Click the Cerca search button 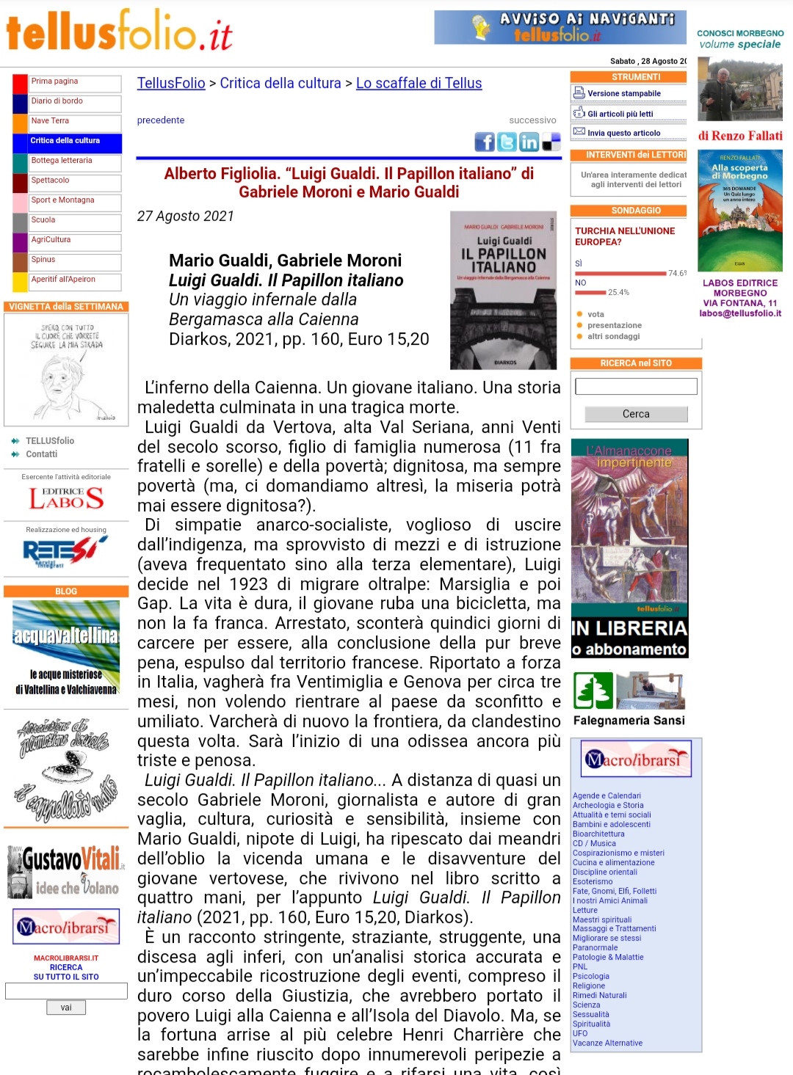(636, 414)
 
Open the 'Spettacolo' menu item (51, 181)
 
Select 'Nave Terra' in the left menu (50, 121)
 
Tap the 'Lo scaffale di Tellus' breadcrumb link (419, 84)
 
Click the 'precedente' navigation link (161, 120)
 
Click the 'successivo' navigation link (532, 120)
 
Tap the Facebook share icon (485, 142)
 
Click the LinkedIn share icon (529, 142)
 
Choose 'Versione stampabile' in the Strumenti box (623, 93)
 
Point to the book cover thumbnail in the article (504, 290)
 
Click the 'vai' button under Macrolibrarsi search (66, 1007)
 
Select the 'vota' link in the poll (595, 314)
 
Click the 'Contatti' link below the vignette (42, 454)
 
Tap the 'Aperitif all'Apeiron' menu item (63, 280)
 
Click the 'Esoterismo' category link (593, 881)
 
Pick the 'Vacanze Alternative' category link (607, 1043)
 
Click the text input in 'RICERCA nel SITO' (636, 387)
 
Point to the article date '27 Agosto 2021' (186, 216)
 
